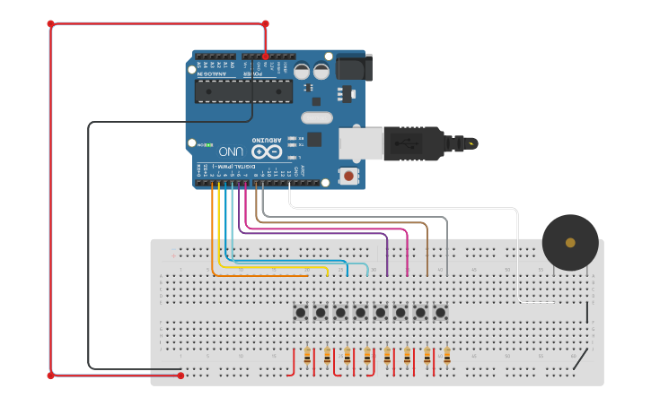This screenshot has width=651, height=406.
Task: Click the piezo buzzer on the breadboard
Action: [570, 242]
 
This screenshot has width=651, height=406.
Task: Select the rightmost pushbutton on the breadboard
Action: [440, 313]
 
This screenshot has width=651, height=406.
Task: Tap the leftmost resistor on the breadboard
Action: [308, 357]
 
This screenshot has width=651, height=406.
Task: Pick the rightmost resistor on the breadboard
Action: [446, 357]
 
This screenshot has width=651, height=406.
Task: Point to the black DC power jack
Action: [353, 67]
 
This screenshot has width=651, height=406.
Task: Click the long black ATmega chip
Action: [243, 91]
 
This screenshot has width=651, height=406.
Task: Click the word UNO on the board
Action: [231, 151]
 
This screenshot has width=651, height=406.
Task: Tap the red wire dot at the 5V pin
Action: [265, 56]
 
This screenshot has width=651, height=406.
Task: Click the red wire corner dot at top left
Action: [50, 24]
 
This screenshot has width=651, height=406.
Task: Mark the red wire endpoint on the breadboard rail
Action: [180, 376]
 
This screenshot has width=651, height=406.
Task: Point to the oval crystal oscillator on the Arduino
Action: [316, 117]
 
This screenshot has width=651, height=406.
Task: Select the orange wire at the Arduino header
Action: [212, 185]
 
